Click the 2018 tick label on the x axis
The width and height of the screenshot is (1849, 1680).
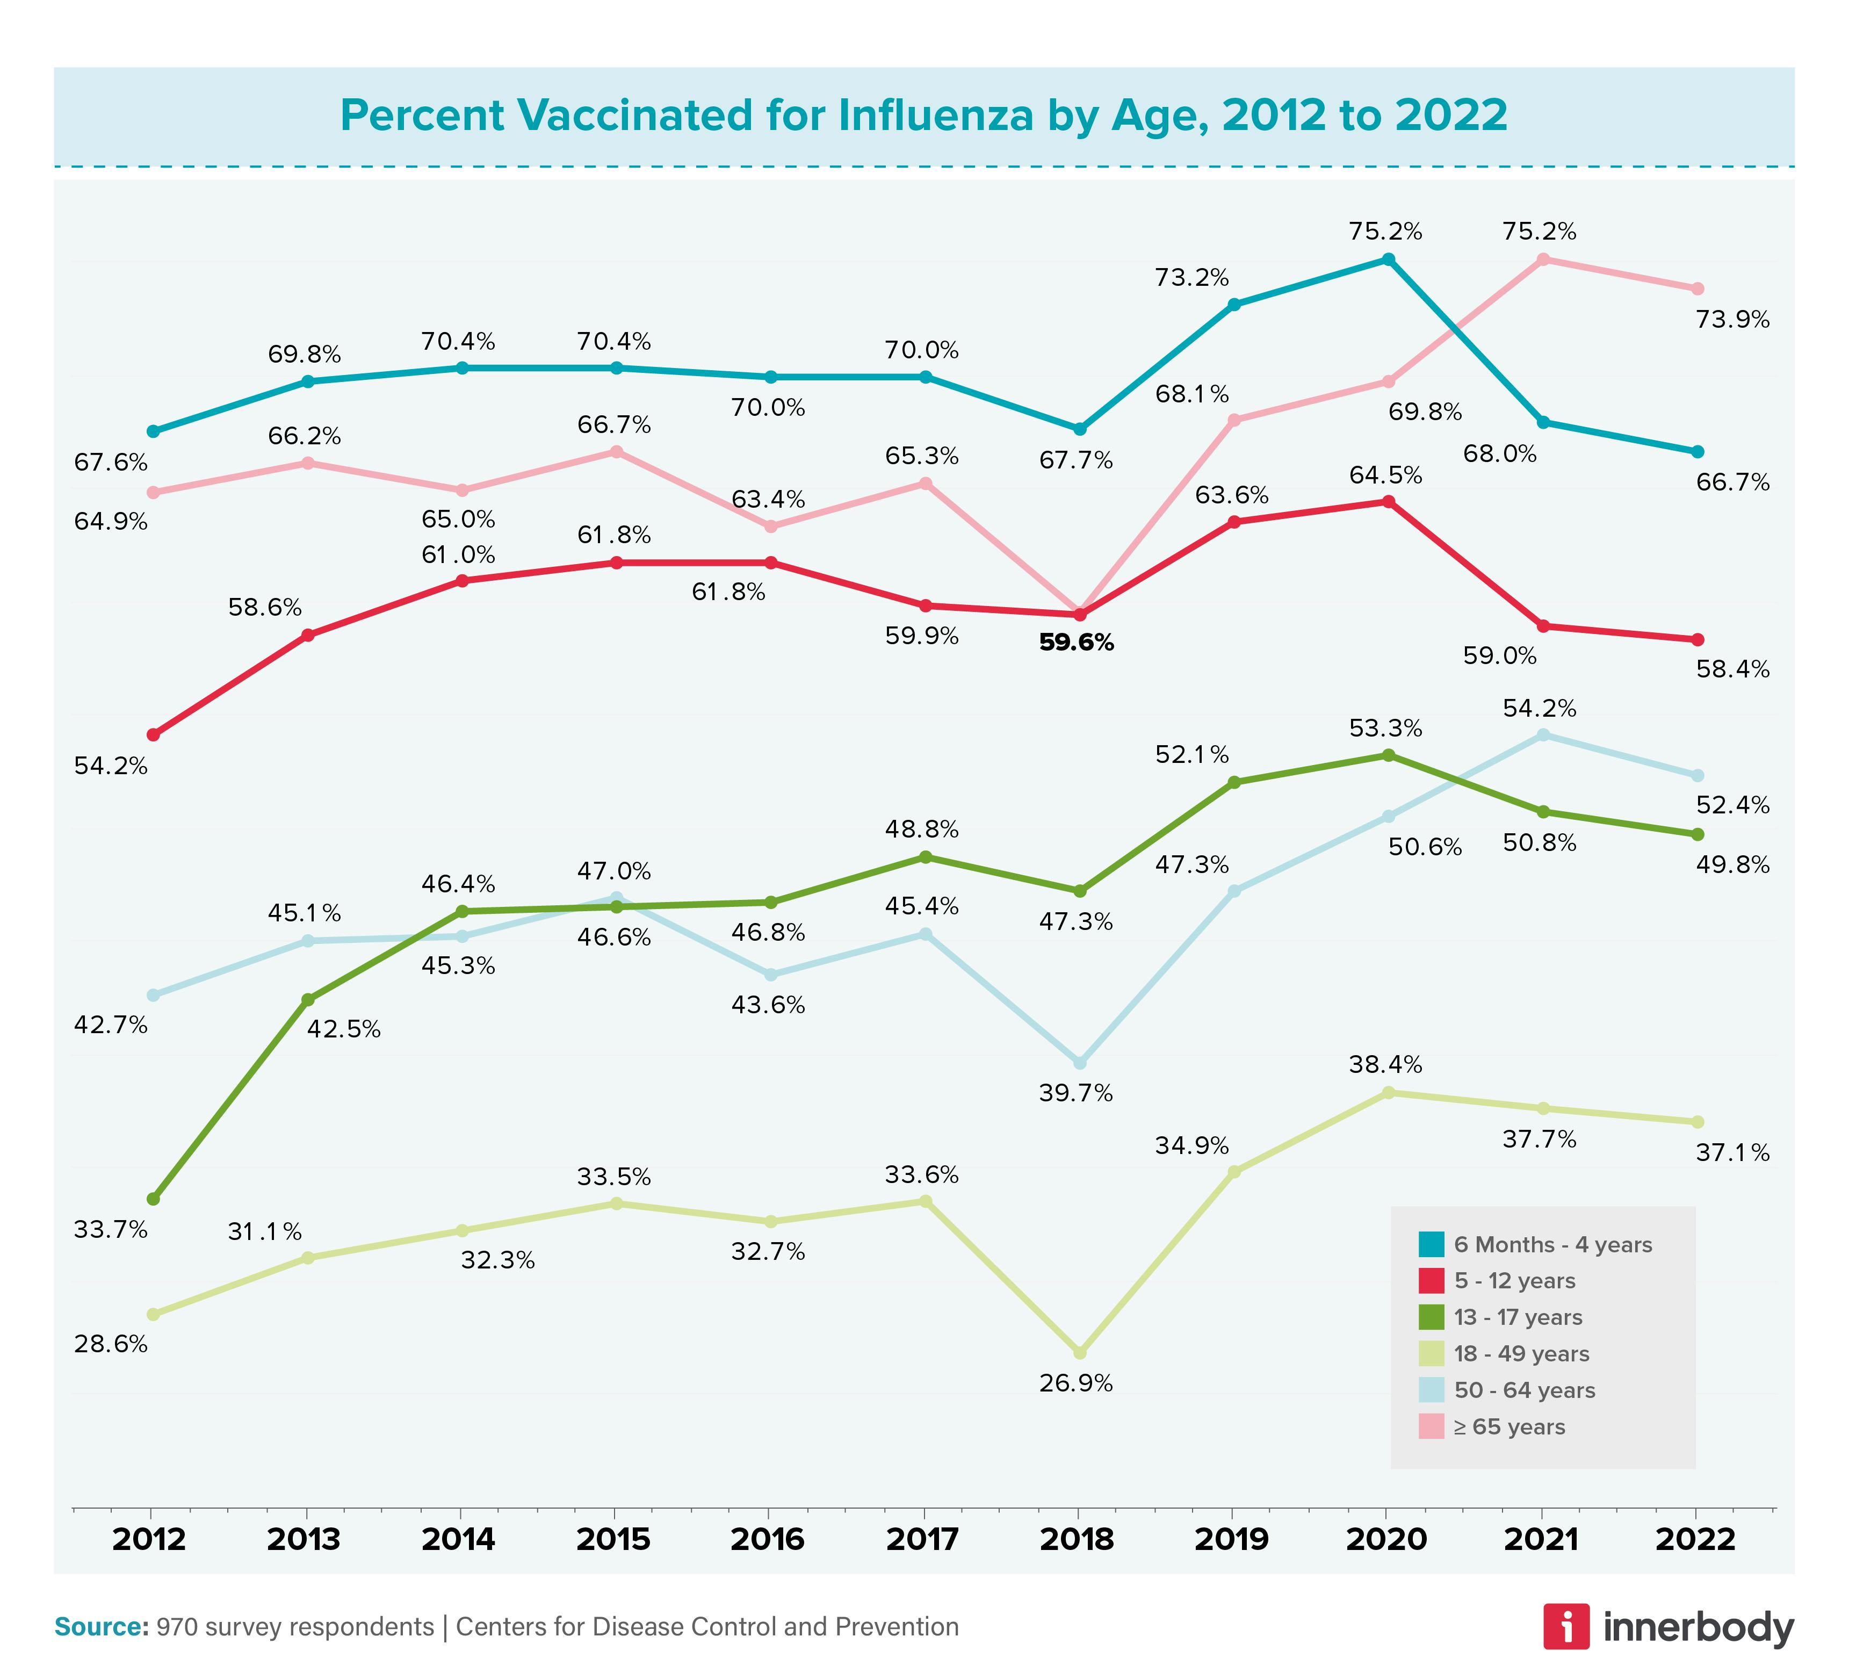click(x=1077, y=1538)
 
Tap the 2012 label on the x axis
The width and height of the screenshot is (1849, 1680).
click(x=149, y=1538)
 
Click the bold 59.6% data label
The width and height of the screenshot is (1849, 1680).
click(x=1076, y=643)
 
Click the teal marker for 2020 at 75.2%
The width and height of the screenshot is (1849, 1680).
click(x=1388, y=259)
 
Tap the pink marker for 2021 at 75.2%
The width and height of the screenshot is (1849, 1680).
click(x=1543, y=259)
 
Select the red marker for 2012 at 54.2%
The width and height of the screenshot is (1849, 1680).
click(x=153, y=734)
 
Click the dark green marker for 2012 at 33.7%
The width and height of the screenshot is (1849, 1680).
click(x=153, y=1199)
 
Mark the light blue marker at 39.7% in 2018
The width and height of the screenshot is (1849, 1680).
click(x=1080, y=1062)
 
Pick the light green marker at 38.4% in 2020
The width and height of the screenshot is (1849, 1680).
click(x=1388, y=1092)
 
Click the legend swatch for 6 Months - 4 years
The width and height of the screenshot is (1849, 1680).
click(x=1431, y=1244)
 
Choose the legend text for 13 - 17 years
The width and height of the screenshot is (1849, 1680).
click(x=1518, y=1318)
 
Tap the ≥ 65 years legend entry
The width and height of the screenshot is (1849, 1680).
click(x=1509, y=1427)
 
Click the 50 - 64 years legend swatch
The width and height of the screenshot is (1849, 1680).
click(x=1431, y=1390)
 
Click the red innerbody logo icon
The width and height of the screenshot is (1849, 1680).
click(x=1565, y=1626)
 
